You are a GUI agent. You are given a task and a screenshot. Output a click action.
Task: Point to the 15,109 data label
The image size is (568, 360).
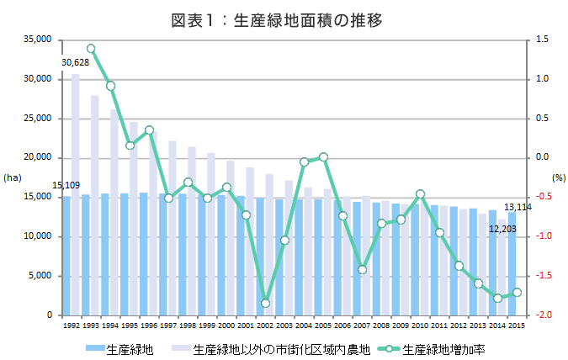point(66,185)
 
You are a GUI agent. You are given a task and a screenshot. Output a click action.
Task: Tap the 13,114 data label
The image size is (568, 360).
point(518,207)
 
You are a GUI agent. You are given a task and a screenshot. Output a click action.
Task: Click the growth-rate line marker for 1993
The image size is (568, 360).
point(91,49)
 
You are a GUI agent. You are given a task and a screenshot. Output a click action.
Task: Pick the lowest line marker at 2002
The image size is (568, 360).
point(265,303)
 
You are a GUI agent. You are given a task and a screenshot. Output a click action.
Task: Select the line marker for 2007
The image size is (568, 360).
point(362,269)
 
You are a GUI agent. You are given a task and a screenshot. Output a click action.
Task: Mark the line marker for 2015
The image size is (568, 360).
point(517,292)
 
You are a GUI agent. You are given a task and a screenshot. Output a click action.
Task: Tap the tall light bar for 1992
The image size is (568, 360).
point(76,193)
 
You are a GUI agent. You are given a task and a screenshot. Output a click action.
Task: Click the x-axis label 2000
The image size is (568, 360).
point(226,325)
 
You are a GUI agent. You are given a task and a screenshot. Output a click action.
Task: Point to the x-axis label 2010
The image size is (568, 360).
point(420,325)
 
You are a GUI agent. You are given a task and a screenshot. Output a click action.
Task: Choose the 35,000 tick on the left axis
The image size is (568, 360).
point(39,40)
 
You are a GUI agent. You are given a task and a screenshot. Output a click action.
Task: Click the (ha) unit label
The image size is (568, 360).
point(13,177)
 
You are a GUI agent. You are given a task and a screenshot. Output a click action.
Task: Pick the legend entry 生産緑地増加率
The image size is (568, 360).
point(443,347)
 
